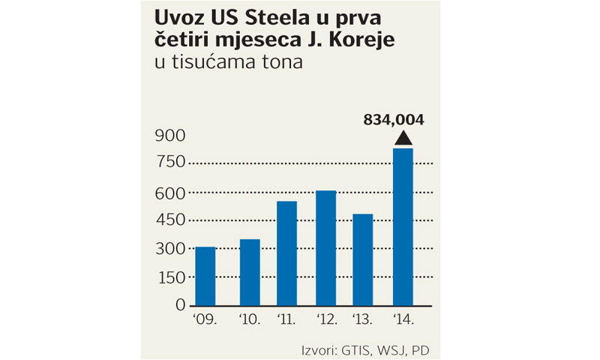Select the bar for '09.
(205, 275)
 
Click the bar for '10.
(250, 271)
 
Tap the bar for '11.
(286, 253)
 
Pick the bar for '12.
(325, 247)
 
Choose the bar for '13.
(363, 259)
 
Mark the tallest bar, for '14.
(403, 226)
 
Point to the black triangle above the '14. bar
(403, 137)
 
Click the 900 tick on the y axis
(169, 136)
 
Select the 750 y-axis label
(169, 164)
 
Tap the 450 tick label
(169, 220)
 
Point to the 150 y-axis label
(169, 277)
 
